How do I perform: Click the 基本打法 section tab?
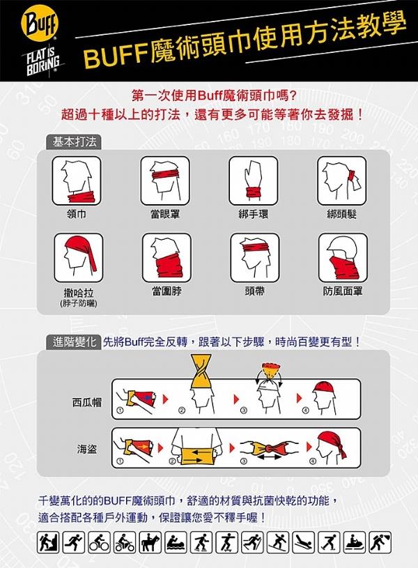point(75,142)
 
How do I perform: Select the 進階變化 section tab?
point(74,342)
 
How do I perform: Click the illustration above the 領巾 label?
point(77,181)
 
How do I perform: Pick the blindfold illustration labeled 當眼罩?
point(165,181)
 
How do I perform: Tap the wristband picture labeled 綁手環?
point(253,181)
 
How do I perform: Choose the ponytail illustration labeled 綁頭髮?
point(342,181)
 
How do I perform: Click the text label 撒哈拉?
point(78,293)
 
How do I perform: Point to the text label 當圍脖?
point(167,291)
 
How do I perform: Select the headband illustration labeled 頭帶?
point(255,258)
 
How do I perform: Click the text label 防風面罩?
point(343,291)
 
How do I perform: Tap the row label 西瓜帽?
point(87,402)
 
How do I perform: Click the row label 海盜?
point(87,450)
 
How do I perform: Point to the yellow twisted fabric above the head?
point(201,371)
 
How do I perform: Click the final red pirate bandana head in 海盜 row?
point(331,448)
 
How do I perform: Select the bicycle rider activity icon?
point(99,542)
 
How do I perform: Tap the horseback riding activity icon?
point(150,542)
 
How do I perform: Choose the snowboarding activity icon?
point(278,542)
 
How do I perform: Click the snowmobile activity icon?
point(355,542)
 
